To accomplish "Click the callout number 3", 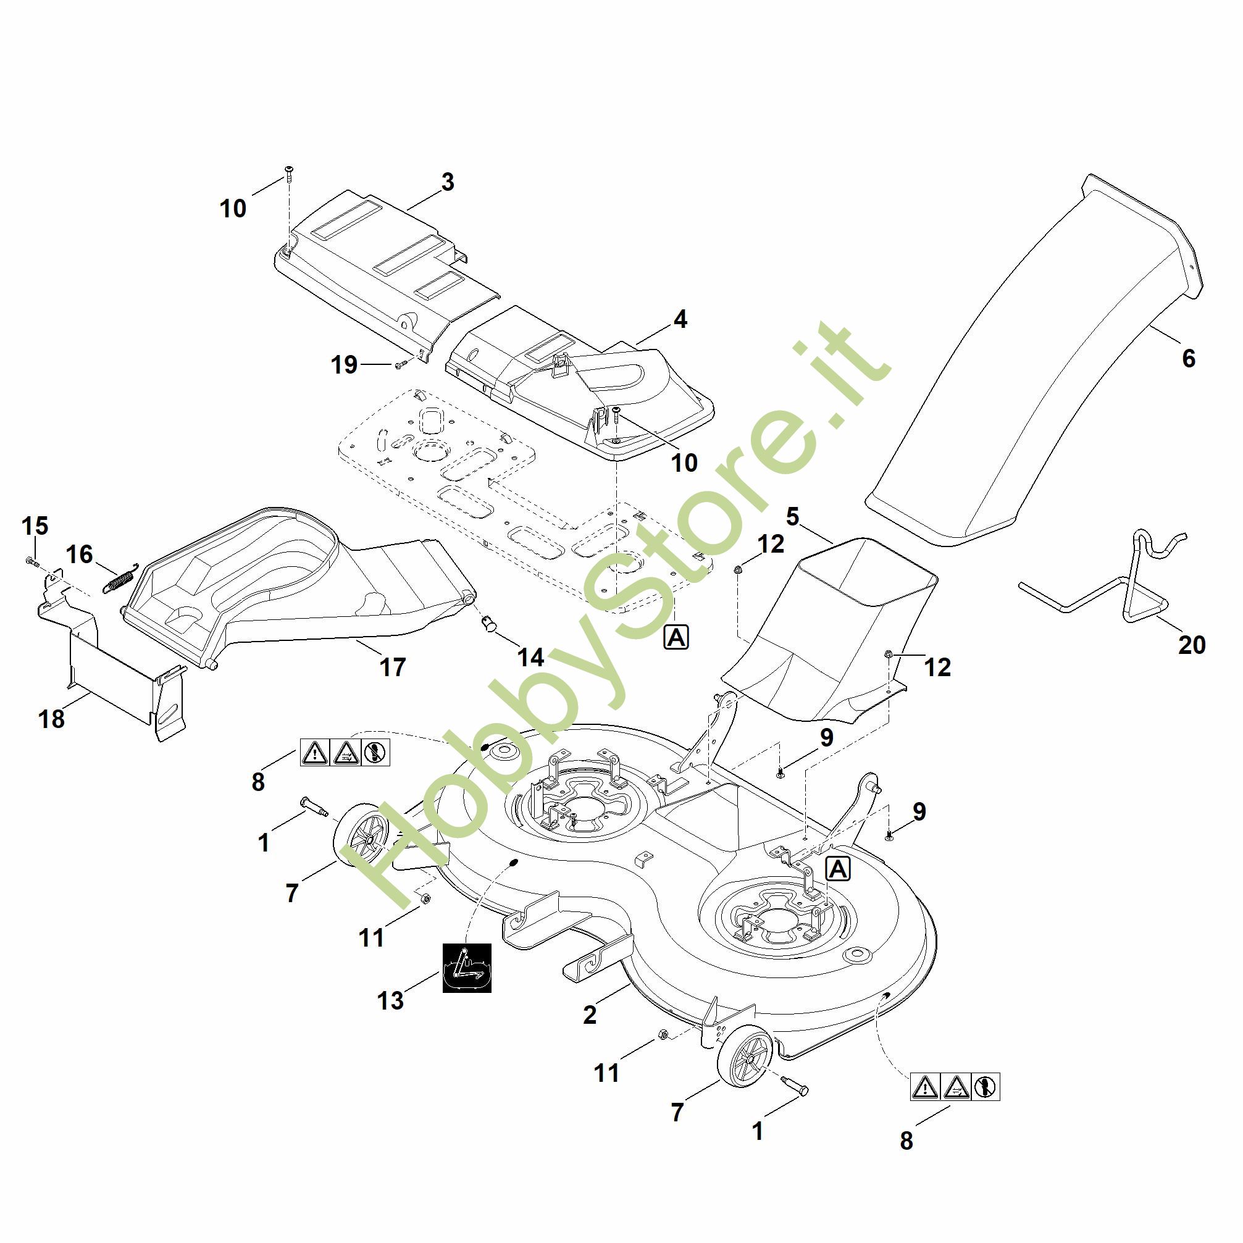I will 448,182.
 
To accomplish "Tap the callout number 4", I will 680,319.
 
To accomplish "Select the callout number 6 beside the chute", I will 1188,358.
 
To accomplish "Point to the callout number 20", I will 1192,644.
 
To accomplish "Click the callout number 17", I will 393,666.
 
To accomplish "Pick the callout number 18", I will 51,719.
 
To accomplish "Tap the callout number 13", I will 390,1000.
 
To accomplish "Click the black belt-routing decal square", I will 467,968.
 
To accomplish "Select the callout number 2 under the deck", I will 590,1015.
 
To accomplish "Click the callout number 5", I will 793,517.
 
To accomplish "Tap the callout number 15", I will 35,526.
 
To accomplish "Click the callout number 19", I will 344,365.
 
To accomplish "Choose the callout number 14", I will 531,657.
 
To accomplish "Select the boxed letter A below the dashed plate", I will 676,637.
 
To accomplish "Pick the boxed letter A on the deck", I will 839,869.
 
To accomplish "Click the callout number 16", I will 80,555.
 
